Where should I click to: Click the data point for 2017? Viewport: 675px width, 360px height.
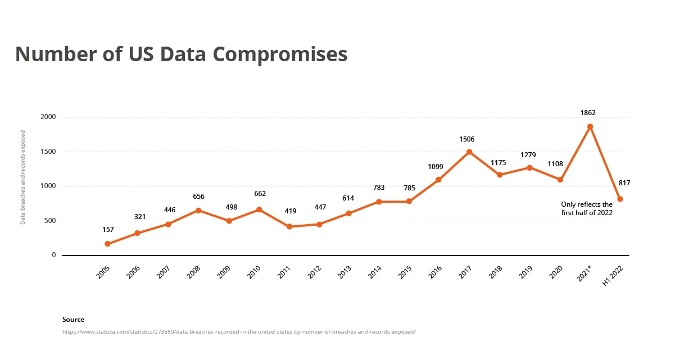[x=469, y=152]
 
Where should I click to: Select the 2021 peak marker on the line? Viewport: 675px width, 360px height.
[x=590, y=127]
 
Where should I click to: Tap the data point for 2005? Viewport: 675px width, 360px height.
[x=107, y=244]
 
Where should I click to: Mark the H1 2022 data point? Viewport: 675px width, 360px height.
[x=620, y=199]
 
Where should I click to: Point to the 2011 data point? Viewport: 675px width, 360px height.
[x=289, y=226]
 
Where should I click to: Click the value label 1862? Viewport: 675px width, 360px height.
[x=588, y=113]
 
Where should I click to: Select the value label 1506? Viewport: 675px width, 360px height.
[x=467, y=139]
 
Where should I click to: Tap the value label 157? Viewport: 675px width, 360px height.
[x=108, y=230]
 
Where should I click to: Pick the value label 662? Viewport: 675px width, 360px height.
[x=260, y=194]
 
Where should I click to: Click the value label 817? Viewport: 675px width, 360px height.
[x=624, y=183]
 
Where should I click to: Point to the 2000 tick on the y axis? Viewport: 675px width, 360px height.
[x=48, y=117]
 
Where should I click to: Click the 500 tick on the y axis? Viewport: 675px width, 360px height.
[x=51, y=221]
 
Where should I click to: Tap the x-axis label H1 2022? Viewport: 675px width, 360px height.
[x=614, y=275]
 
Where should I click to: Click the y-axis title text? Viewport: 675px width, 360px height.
[x=23, y=177]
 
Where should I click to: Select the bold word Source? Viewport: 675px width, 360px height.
[x=73, y=320]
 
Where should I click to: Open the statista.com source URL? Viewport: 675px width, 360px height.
[x=239, y=331]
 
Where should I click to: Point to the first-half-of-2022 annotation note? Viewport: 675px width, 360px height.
[x=587, y=209]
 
